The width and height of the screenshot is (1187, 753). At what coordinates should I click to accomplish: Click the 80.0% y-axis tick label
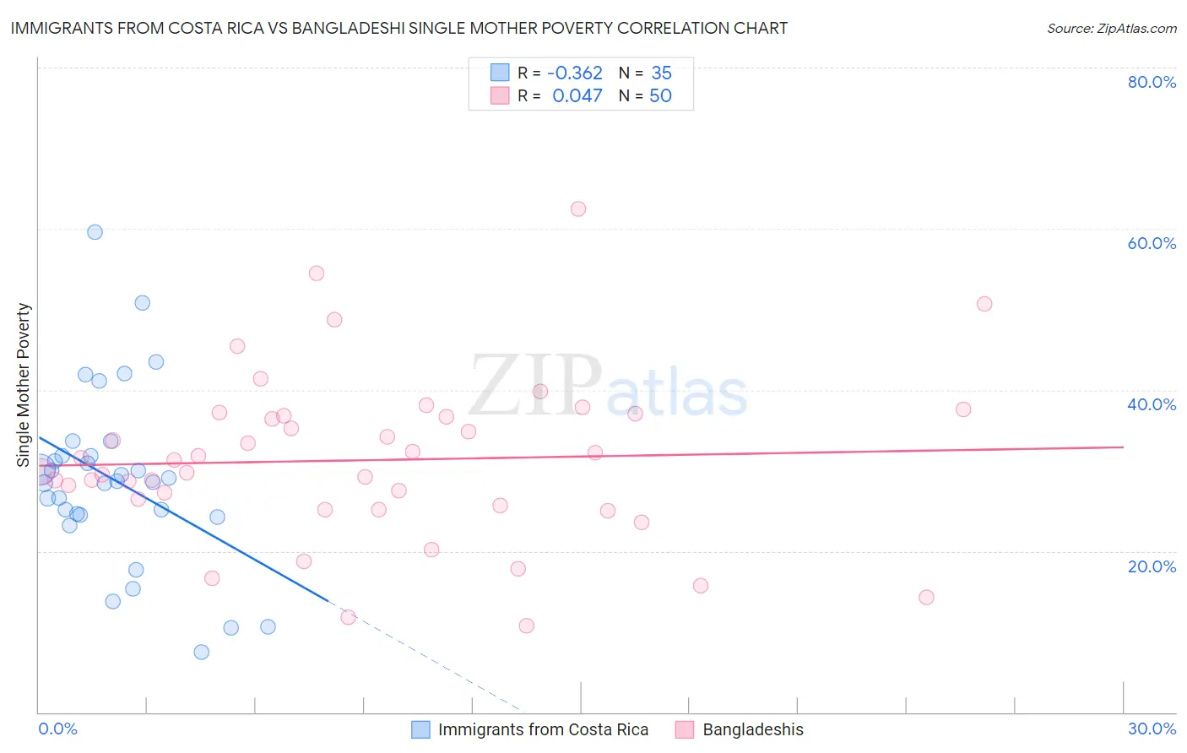(1152, 82)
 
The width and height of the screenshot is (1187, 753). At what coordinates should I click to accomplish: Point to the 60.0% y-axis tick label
(1152, 243)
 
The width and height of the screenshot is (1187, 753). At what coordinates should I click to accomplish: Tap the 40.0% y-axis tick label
(1152, 404)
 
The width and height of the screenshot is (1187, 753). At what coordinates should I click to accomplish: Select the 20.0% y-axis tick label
(1152, 566)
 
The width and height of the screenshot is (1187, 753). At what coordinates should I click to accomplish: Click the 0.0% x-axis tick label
(57, 729)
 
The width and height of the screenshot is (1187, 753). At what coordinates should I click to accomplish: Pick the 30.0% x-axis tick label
(1152, 729)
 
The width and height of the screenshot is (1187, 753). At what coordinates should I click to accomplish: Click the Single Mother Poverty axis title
(24, 385)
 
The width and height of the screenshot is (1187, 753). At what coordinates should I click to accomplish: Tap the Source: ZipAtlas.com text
(1111, 28)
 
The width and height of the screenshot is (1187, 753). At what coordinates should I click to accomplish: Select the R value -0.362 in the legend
(574, 73)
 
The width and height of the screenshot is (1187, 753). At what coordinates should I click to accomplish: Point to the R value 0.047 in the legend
(577, 95)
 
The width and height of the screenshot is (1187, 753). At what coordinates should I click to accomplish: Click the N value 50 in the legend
(660, 95)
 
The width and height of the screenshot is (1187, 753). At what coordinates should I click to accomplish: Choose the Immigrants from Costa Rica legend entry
(543, 729)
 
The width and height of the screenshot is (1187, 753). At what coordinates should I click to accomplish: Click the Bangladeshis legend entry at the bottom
(753, 729)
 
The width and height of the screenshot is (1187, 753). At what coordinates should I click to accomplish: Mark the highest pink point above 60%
(578, 209)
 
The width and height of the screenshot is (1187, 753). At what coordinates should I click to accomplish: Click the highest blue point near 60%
(95, 232)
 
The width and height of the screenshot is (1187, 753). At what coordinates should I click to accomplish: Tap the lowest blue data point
(201, 652)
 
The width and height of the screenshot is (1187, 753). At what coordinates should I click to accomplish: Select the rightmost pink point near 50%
(984, 304)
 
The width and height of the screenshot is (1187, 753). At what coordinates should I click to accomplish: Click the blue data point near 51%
(143, 303)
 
